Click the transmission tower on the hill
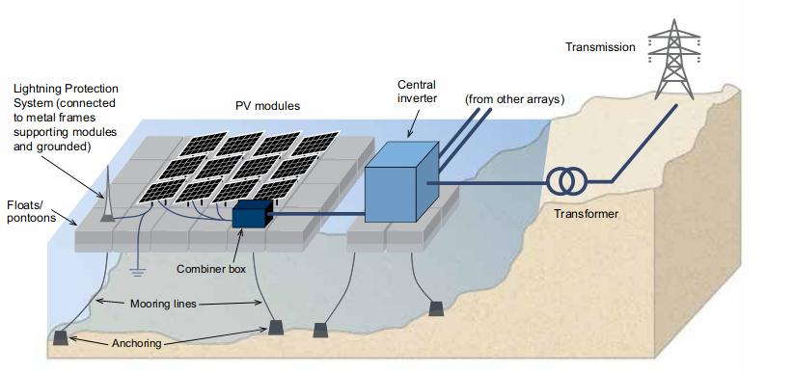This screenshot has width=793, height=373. tap(673, 59)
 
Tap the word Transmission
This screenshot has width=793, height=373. tap(600, 47)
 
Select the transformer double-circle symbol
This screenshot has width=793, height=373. tap(566, 181)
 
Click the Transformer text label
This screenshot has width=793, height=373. tap(586, 214)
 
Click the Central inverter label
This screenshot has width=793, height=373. tap(416, 91)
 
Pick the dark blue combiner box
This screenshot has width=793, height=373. tap(252, 213)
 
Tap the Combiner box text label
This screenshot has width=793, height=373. tap(211, 269)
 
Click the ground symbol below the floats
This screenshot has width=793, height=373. tap(137, 272)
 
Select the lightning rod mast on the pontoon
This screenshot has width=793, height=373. tap(108, 195)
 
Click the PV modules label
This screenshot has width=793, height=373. tap(267, 106)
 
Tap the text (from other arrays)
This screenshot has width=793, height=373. tap(515, 99)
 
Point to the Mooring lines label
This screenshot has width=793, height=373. tap(163, 305)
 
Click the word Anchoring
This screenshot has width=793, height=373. tap(136, 344)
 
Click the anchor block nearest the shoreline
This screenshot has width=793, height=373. tap(436, 308)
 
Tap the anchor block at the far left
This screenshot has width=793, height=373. tap(61, 337)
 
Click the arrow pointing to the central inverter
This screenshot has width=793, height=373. tap(415, 121)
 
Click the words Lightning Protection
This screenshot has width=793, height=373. tap(66, 89)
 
